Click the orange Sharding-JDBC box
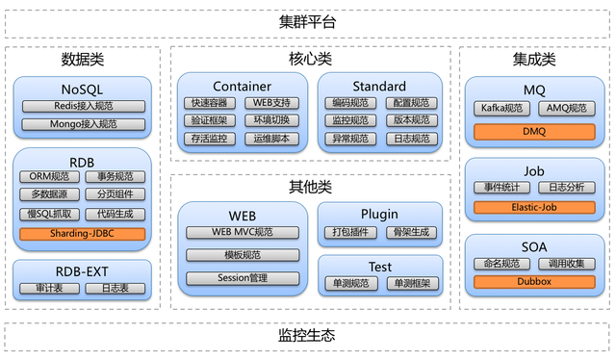click(82, 233)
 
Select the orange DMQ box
click(533, 131)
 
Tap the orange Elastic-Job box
click(533, 207)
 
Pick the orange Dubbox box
click(533, 282)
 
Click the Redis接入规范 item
click(82, 105)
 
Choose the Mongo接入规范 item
click(82, 124)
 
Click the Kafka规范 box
click(501, 109)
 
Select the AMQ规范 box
click(566, 109)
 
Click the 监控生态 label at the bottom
click(307, 335)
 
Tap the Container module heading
click(242, 86)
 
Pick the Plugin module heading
click(379, 214)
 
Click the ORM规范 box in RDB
click(49, 176)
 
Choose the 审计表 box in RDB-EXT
click(49, 288)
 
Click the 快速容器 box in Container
click(209, 103)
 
